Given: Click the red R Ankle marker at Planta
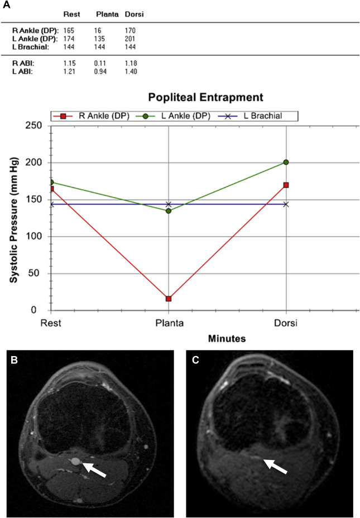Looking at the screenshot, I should point(169,299).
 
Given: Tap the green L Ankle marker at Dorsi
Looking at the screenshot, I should point(286,162).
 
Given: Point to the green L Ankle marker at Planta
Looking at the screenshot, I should point(169,211).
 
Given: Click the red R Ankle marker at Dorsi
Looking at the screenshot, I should point(286,185).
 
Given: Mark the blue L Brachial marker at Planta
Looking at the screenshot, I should point(169,204).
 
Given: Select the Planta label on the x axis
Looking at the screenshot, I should point(169,323).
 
